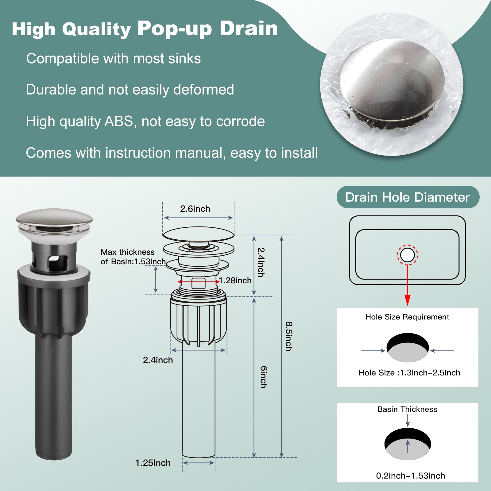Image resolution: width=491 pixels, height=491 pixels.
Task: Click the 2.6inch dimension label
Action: tap(195, 209)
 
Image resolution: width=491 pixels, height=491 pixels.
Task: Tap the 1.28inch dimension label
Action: tap(235, 280)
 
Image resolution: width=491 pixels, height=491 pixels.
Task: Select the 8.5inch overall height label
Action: tap(289, 336)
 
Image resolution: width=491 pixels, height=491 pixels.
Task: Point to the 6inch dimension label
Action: tap(264, 377)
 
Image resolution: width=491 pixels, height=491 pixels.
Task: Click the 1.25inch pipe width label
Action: tap(153, 463)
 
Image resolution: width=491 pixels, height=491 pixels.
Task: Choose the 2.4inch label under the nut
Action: tap(158, 360)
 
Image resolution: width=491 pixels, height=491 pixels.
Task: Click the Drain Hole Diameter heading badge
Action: tap(408, 197)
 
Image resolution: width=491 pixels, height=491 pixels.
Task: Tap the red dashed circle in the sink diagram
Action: tap(408, 245)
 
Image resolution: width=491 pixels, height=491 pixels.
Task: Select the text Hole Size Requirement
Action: tap(407, 317)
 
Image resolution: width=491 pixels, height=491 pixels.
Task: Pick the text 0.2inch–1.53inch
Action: tap(411, 476)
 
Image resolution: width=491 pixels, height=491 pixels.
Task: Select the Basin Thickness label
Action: tap(407, 409)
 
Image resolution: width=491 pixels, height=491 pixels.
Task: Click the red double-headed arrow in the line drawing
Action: tap(199, 282)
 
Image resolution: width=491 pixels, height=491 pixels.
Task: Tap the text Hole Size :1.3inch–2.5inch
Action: tap(409, 373)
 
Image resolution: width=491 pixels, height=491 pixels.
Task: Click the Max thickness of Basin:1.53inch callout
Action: tap(133, 257)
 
